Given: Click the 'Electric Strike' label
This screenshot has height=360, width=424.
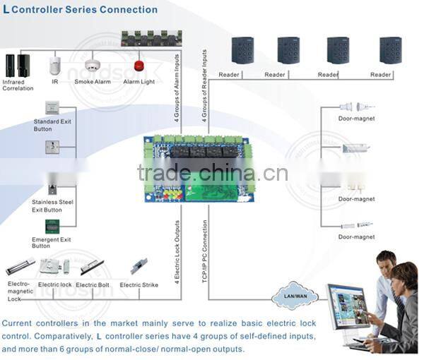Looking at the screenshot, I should pos(139,285).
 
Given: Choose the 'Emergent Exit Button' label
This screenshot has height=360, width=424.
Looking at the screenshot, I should pos(51,243).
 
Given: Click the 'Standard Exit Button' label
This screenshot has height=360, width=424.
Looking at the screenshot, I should pos(52,126).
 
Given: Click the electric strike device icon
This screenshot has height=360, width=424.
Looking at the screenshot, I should pos(137,267).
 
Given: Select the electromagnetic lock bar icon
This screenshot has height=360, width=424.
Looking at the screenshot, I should pos(21,269).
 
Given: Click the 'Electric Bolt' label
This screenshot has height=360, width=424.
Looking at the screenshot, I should pos(93,284).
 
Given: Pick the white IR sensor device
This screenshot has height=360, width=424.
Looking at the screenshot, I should pos(55,67).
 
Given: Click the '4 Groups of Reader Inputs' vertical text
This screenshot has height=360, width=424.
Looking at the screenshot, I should pos(204,87).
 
